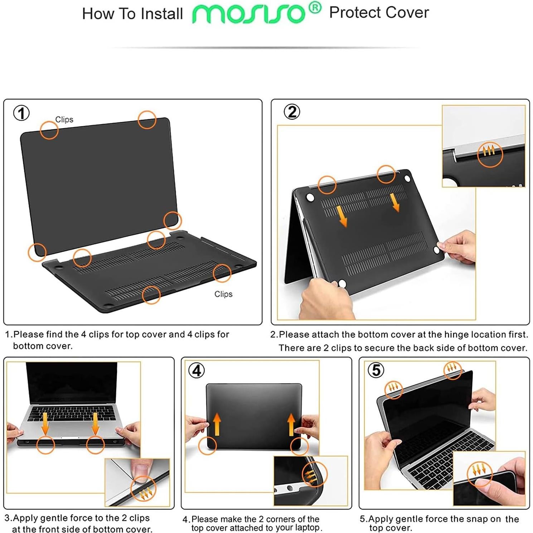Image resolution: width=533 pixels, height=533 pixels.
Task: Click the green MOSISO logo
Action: coord(249,14)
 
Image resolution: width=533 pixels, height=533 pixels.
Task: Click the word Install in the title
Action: coord(161,14)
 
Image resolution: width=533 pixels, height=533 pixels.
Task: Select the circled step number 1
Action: coord(21,113)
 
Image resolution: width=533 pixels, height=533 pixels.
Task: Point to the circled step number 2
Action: coord(292,112)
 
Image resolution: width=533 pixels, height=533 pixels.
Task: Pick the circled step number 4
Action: coord(197,370)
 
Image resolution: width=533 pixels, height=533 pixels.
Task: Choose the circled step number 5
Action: coord(376,370)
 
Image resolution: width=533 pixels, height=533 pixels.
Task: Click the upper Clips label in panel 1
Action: coord(64,120)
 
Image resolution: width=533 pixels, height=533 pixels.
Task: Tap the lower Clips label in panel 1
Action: coord(223,294)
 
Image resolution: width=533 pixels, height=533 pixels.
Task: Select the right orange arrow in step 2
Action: coord(395,202)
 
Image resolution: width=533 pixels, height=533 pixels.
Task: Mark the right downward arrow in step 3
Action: coord(95,423)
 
